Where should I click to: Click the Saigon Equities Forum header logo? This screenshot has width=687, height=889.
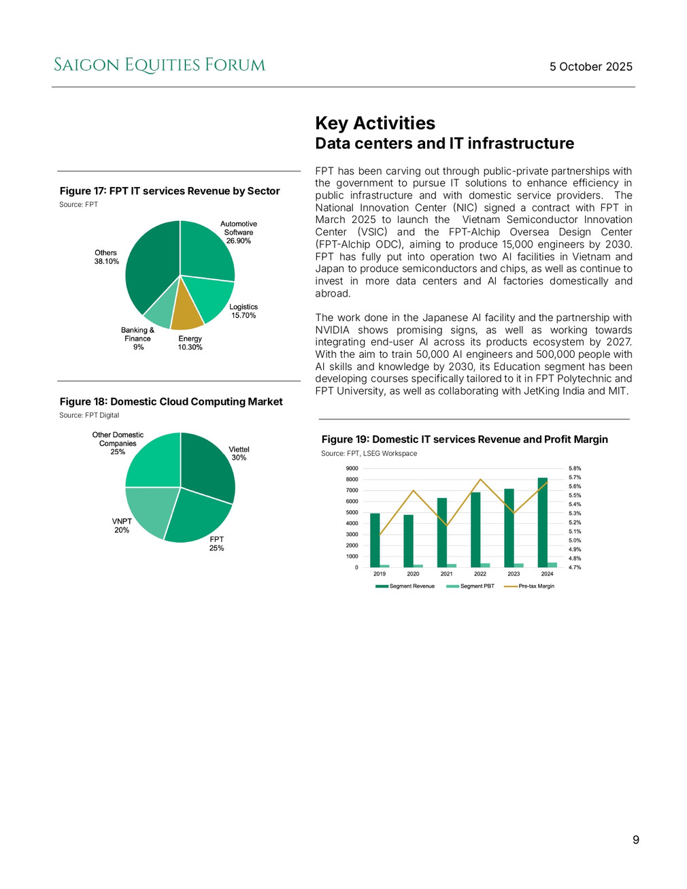(159, 65)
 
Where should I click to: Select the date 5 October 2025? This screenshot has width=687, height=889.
(590, 67)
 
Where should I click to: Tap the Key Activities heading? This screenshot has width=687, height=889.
(375, 123)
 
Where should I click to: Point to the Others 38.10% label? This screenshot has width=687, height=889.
(106, 257)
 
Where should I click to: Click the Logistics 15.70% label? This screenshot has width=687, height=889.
(244, 311)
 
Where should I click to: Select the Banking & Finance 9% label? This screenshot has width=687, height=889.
(138, 338)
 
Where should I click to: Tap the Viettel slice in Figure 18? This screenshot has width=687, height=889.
(210, 466)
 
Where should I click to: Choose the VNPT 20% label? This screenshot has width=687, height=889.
(122, 526)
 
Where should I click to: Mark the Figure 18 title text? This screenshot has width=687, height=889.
(171, 402)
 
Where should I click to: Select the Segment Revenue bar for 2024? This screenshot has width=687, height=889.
(542, 522)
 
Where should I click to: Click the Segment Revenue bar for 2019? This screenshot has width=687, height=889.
(375, 540)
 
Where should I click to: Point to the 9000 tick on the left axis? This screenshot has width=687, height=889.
(352, 469)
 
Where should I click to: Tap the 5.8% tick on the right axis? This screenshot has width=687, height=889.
(575, 469)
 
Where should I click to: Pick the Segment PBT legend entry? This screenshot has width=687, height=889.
(470, 586)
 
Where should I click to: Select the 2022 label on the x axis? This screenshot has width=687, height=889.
(480, 574)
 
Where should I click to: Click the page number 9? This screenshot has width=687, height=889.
(636, 840)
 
